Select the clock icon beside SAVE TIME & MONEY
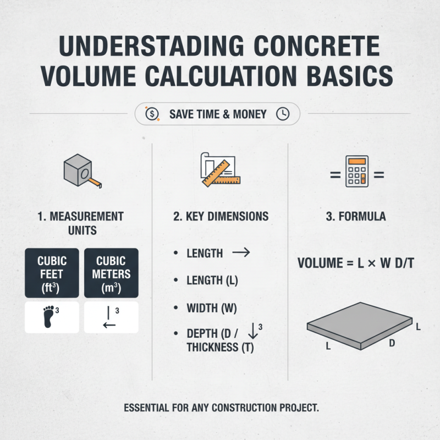click(282, 114)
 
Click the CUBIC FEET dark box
click(52, 273)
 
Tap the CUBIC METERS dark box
click(111, 273)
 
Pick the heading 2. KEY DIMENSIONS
click(221, 216)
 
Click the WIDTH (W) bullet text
click(212, 309)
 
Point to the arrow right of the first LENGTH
click(241, 253)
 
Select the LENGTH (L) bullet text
click(212, 280)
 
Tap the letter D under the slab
click(392, 343)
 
